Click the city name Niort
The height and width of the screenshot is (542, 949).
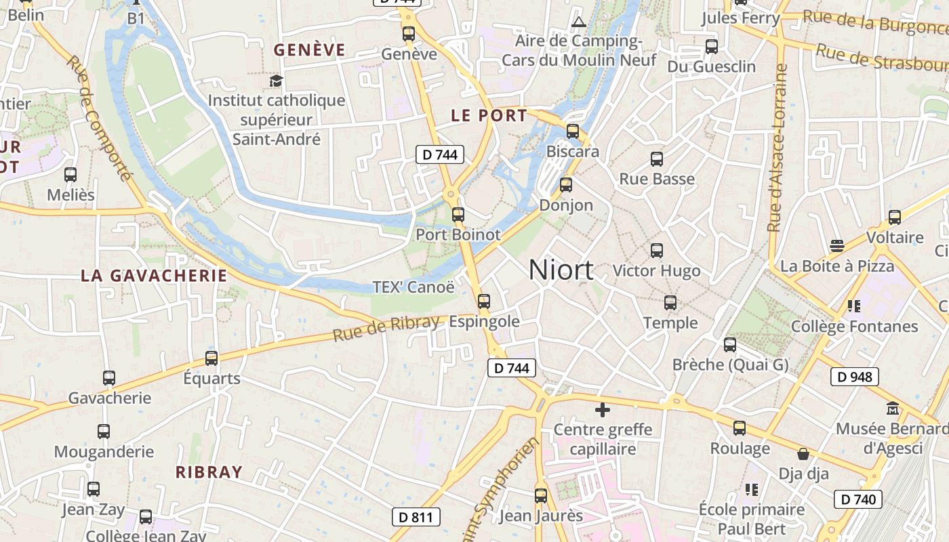pyautogui.click(x=561, y=270)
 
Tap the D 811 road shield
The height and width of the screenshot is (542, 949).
pyautogui.click(x=416, y=518)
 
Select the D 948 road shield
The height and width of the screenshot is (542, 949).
pyautogui.click(x=854, y=377)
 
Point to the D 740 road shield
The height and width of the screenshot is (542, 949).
pyautogui.click(x=857, y=500)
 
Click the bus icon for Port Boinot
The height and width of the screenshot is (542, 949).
pyautogui.click(x=458, y=215)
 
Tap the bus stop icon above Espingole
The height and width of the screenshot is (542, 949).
pyautogui.click(x=484, y=301)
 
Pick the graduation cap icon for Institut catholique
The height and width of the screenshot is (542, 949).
pyautogui.click(x=276, y=81)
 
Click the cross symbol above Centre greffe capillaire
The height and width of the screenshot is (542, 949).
pyautogui.click(x=602, y=409)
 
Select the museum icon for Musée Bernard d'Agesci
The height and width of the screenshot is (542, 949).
pyautogui.click(x=892, y=409)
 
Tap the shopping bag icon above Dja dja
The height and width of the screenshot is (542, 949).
pyautogui.click(x=803, y=453)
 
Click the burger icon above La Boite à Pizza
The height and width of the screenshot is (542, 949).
pyautogui.click(x=837, y=245)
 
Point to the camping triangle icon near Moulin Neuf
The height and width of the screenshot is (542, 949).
pyautogui.click(x=578, y=21)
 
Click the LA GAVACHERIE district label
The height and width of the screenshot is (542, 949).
pyautogui.click(x=154, y=276)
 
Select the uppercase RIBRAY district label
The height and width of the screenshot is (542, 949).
pyautogui.click(x=209, y=472)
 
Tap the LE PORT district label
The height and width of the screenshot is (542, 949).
pyautogui.click(x=489, y=116)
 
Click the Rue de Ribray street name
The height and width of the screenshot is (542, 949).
pyautogui.click(x=386, y=328)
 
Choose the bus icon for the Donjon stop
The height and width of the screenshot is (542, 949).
pyautogui.click(x=566, y=184)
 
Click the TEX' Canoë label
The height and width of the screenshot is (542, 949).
pyautogui.click(x=413, y=287)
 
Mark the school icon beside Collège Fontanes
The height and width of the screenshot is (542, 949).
pyautogui.click(x=854, y=306)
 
